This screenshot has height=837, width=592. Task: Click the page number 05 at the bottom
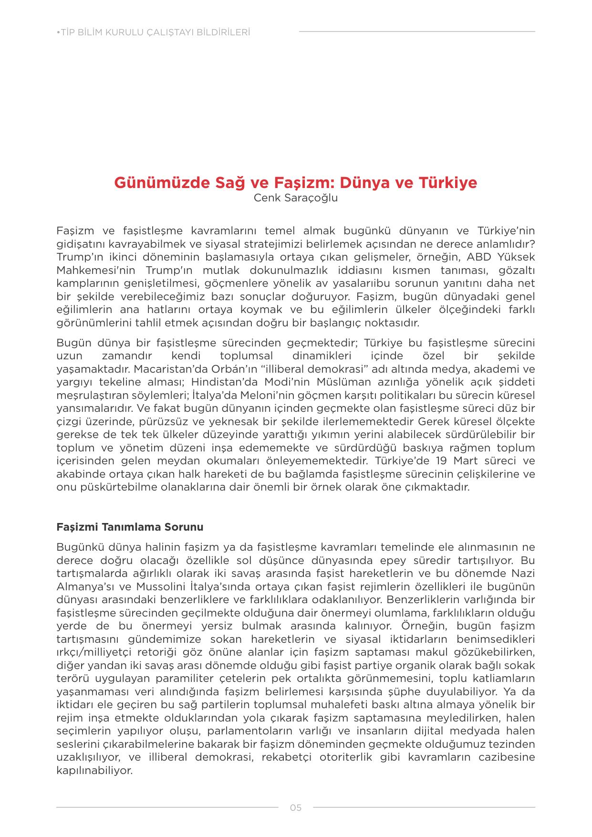click(x=296, y=808)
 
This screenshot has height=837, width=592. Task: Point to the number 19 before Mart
click(x=441, y=461)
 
